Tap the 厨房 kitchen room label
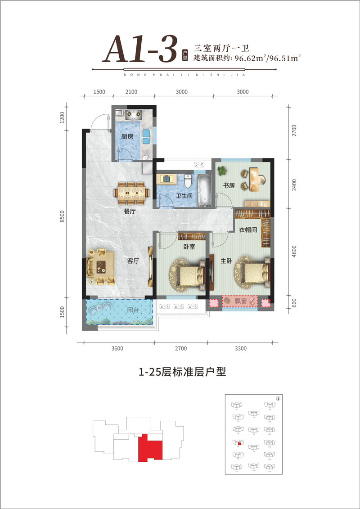tap(127, 137)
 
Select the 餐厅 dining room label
tap(130, 210)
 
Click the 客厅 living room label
tap(133, 261)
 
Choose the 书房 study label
tap(229, 185)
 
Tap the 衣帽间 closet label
tap(247, 230)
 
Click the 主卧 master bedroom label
tap(226, 261)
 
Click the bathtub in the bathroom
tap(205, 189)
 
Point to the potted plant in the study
tap(221, 171)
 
